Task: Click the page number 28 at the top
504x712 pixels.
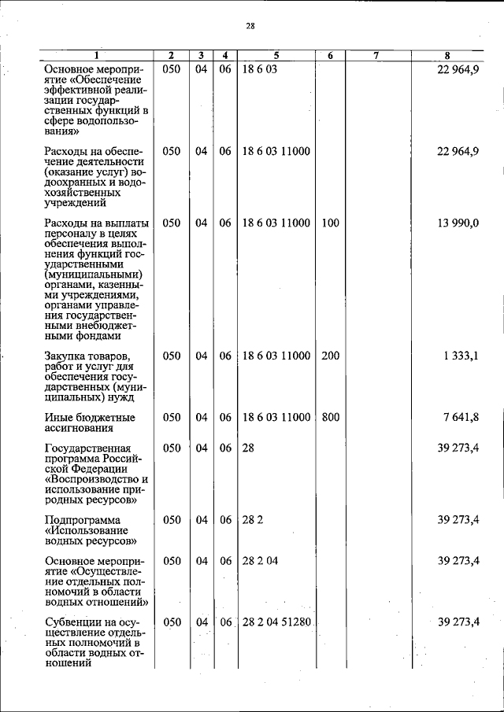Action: pyautogui.click(x=250, y=26)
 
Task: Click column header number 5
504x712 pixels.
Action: pyautogui.click(x=276, y=55)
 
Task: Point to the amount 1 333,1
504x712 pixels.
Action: pyautogui.click(x=461, y=356)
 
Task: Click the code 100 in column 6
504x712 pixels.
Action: pyautogui.click(x=330, y=223)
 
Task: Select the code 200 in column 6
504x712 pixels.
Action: pyautogui.click(x=330, y=356)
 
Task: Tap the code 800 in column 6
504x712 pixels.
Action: pyautogui.click(x=330, y=417)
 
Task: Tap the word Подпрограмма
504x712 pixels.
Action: pyautogui.click(x=82, y=520)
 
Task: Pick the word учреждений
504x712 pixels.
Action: pyautogui.click(x=77, y=202)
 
